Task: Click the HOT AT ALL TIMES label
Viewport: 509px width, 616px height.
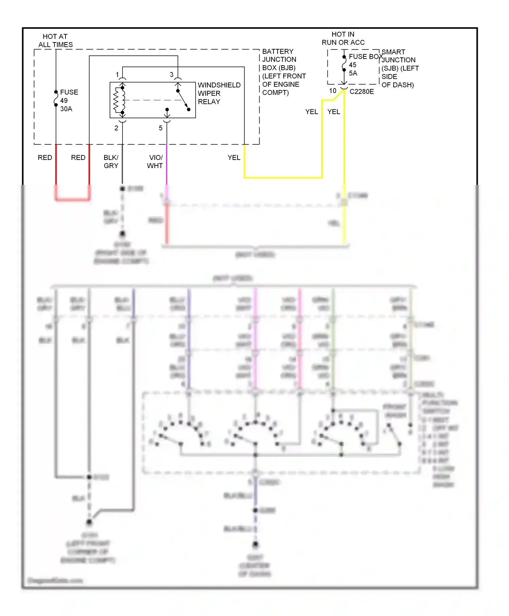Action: (x=55, y=40)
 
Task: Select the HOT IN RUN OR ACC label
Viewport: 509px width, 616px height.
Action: (x=343, y=38)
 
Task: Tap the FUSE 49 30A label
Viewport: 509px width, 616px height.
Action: (x=69, y=101)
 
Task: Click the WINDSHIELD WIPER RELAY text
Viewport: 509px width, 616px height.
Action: (x=219, y=93)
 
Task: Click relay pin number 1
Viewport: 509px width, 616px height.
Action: (x=117, y=75)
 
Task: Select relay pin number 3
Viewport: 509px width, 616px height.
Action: (x=172, y=75)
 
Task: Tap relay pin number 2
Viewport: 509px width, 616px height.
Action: (x=116, y=128)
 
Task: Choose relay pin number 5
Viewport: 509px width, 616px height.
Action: (x=161, y=128)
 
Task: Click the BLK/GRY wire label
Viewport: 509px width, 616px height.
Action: (x=111, y=162)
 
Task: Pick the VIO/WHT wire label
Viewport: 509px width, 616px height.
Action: (x=155, y=162)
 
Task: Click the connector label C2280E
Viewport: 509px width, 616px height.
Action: (x=362, y=92)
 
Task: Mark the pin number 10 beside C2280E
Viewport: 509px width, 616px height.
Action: (x=333, y=91)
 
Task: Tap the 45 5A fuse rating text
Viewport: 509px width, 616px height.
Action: (x=353, y=69)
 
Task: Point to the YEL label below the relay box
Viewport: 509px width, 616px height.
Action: (x=234, y=158)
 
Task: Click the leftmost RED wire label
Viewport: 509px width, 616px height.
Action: (x=45, y=158)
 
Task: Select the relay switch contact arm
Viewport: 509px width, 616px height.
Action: (x=183, y=100)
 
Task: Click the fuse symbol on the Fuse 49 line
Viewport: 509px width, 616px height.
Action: (x=56, y=98)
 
